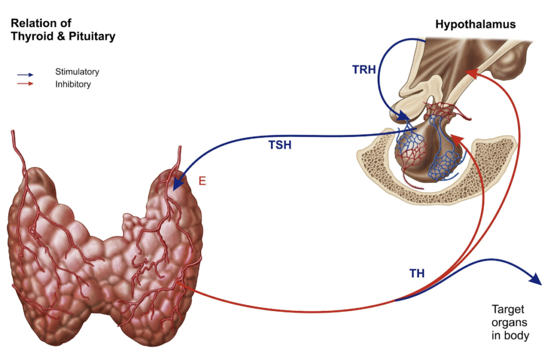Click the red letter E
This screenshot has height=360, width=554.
coord(202,181)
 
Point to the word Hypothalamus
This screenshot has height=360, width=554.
coord(476,24)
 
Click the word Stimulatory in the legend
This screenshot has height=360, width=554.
coord(77,71)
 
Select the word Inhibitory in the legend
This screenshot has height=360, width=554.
coord(73,84)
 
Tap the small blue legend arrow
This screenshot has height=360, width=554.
coord(25,75)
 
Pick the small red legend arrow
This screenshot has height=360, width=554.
coord(25,83)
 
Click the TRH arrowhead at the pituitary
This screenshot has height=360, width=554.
coord(403,116)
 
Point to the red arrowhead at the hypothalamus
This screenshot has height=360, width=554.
coord(471,73)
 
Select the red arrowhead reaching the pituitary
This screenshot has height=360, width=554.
coord(456,139)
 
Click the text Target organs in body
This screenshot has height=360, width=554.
coord(510,323)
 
